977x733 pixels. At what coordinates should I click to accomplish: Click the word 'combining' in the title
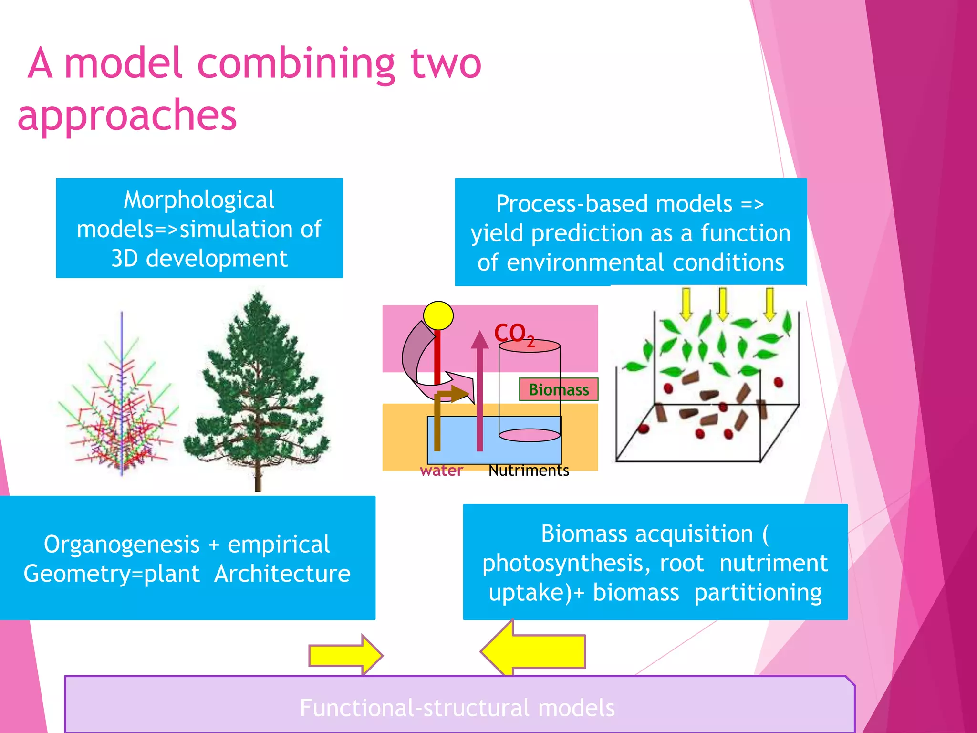pyautogui.click(x=296, y=64)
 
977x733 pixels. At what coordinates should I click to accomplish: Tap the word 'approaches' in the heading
pyautogui.click(x=127, y=115)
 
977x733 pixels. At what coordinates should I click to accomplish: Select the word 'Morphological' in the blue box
pyautogui.click(x=199, y=200)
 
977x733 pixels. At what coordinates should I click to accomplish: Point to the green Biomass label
pyautogui.click(x=559, y=389)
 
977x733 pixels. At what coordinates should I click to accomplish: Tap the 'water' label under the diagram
pyautogui.click(x=441, y=471)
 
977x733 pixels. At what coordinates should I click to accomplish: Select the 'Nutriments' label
pyautogui.click(x=529, y=471)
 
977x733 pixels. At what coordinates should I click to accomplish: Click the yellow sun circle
pyautogui.click(x=438, y=315)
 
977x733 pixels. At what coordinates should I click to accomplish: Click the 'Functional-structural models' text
pyautogui.click(x=457, y=708)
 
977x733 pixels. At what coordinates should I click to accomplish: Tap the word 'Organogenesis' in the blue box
pyautogui.click(x=122, y=545)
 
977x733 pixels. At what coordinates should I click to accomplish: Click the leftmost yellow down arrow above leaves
pyautogui.click(x=686, y=304)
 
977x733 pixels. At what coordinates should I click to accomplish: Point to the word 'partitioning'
pyautogui.click(x=758, y=593)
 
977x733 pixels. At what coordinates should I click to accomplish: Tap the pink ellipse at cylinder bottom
pyautogui.click(x=529, y=435)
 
